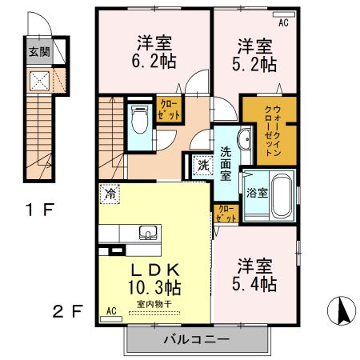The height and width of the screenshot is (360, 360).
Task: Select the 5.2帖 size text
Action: point(256,64)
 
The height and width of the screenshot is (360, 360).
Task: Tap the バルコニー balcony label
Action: point(197,339)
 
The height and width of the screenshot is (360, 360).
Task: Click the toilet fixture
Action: point(140,120)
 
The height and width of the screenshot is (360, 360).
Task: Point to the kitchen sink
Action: point(149,234)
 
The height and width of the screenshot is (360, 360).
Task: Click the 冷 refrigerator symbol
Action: point(109,194)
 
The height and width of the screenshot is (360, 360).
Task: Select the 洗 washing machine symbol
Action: point(203,166)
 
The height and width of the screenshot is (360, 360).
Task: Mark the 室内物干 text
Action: point(154,304)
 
